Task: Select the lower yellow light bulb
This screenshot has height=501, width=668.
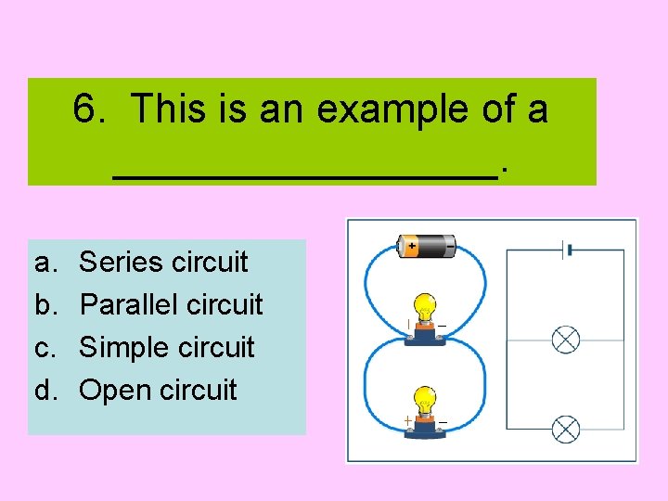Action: (x=425, y=400)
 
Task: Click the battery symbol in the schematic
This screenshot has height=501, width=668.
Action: (x=565, y=249)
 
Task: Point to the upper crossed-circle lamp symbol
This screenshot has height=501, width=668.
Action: (x=566, y=340)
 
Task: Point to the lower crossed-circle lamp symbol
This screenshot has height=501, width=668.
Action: (x=566, y=430)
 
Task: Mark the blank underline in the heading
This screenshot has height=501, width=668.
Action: (x=306, y=174)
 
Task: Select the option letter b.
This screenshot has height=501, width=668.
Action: (x=44, y=304)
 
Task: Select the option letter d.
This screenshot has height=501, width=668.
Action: (x=44, y=390)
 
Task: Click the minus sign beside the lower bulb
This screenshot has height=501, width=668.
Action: (x=443, y=422)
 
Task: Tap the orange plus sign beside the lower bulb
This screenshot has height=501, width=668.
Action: (x=406, y=421)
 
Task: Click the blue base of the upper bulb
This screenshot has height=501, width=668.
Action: (x=425, y=336)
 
